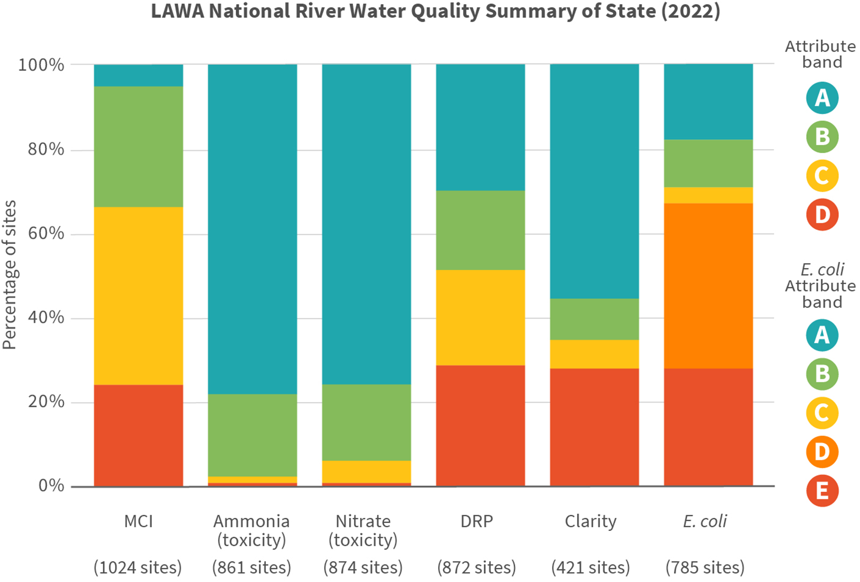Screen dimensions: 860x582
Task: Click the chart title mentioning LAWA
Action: (436, 11)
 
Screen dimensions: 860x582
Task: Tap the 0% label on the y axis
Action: (51, 486)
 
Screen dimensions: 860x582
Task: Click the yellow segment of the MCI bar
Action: (139, 296)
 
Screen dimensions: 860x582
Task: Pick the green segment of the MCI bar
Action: (139, 146)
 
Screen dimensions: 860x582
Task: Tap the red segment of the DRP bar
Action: (480, 425)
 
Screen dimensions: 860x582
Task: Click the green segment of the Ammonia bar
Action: (252, 435)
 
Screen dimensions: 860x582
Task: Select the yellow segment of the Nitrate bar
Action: (366, 472)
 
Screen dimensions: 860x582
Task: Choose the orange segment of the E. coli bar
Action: (708, 286)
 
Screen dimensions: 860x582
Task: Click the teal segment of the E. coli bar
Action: (708, 102)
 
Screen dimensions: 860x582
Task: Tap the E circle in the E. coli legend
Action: (822, 490)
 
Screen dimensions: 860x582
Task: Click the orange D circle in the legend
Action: (822, 452)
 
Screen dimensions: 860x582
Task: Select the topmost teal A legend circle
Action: (822, 98)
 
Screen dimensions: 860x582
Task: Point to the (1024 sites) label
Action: (138, 567)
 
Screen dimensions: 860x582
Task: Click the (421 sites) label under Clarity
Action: (591, 567)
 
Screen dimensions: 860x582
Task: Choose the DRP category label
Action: (477, 521)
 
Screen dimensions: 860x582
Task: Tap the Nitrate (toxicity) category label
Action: (363, 531)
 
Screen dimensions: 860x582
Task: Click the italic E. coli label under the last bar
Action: (705, 521)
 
